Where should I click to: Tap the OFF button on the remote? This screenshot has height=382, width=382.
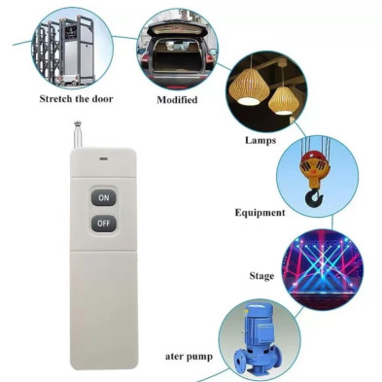(104, 224)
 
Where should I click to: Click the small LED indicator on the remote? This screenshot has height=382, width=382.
(104, 159)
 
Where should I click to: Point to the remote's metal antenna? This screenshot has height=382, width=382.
(78, 134)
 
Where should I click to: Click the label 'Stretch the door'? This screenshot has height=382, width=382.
(76, 98)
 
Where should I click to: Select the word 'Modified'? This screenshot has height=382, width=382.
(177, 100)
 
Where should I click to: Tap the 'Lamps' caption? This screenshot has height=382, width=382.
(260, 140)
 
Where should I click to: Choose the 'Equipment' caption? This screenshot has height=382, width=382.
(260, 213)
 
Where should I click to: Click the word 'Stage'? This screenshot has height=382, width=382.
(261, 276)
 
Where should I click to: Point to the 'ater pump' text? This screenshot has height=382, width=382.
(189, 357)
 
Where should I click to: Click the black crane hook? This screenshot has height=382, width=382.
(314, 198)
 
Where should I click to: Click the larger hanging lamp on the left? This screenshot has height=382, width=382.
(249, 87)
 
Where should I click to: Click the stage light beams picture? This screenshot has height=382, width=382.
(322, 269)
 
